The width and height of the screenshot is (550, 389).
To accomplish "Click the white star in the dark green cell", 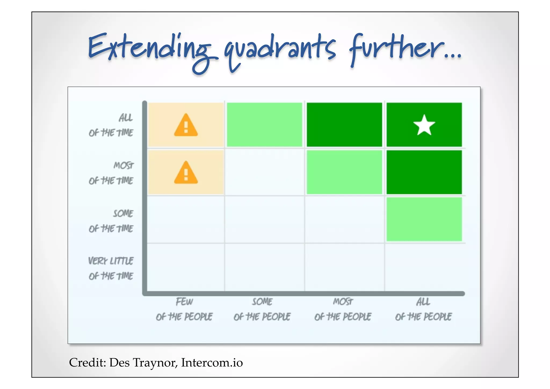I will tap(424, 125).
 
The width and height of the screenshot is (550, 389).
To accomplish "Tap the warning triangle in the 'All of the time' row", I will tap(186, 126).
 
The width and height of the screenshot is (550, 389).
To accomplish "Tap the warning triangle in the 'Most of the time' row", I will tap(186, 173).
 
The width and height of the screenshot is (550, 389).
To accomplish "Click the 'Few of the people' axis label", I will tap(184, 309).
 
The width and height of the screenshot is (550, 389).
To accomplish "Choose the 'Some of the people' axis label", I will tap(262, 309).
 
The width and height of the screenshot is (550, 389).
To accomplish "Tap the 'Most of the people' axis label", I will tap(343, 309).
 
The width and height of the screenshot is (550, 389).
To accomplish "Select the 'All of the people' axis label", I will tap(423, 309).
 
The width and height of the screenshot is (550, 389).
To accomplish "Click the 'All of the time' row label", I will tap(111, 125).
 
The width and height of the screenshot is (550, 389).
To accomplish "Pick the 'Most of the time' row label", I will tap(111, 173).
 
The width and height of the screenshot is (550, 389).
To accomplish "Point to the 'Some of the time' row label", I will tap(111, 221).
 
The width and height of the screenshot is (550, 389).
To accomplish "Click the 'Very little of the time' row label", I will tap(111, 268).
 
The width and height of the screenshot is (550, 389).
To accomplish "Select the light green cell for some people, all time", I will tap(265, 124).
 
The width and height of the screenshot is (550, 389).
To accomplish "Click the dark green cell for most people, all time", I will tap(344, 124).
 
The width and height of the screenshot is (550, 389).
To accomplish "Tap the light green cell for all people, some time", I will tap(424, 219).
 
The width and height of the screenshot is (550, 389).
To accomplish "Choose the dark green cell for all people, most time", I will tap(424, 172).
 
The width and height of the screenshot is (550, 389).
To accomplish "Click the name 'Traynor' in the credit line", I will tap(155, 362).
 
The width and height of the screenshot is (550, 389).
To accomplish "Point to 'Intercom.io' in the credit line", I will tap(212, 362).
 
